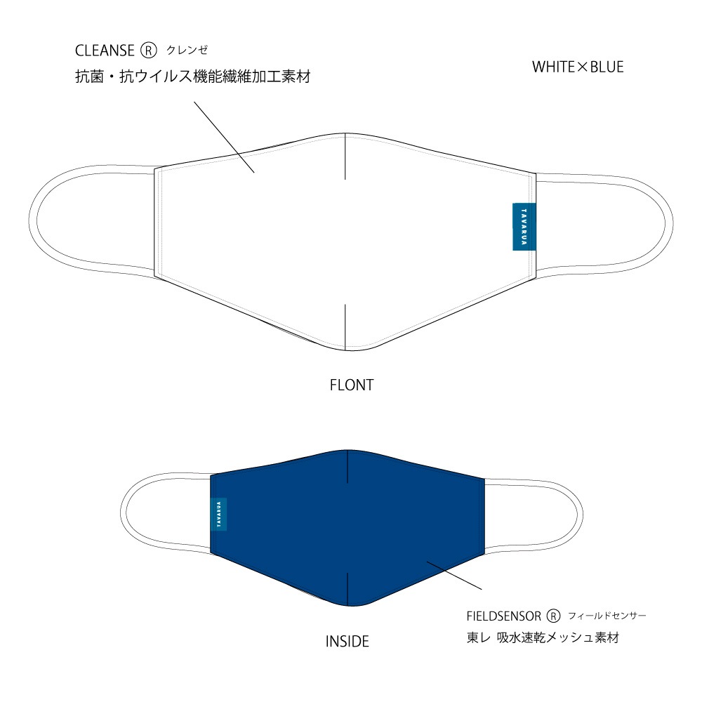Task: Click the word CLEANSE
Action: (x=105, y=51)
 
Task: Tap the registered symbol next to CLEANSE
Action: (x=149, y=51)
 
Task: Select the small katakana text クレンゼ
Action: (x=187, y=50)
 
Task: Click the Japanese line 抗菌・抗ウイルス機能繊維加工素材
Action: (x=192, y=77)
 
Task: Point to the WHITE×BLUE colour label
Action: (x=578, y=67)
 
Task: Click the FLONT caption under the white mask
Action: (x=352, y=385)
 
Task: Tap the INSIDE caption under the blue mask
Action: (x=347, y=642)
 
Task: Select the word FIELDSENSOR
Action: (x=503, y=616)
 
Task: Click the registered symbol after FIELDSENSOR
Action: (x=553, y=616)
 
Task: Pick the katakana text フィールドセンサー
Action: (x=607, y=616)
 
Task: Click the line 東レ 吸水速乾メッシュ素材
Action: (x=543, y=637)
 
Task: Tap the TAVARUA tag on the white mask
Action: (x=524, y=227)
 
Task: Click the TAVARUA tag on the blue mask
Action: (x=218, y=514)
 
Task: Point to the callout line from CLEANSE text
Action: (x=225, y=137)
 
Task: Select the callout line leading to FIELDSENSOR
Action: (x=454, y=576)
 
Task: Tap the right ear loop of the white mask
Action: (x=672, y=223)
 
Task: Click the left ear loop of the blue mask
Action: (x=121, y=514)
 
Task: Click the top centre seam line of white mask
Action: (x=345, y=157)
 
